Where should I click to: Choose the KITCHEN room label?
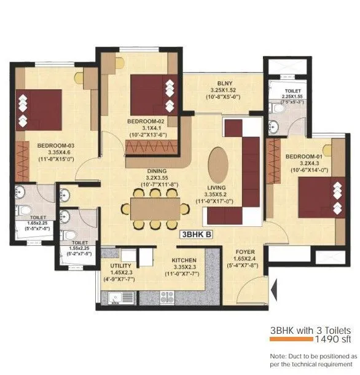(184, 261)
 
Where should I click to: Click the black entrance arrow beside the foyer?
(272, 285)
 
